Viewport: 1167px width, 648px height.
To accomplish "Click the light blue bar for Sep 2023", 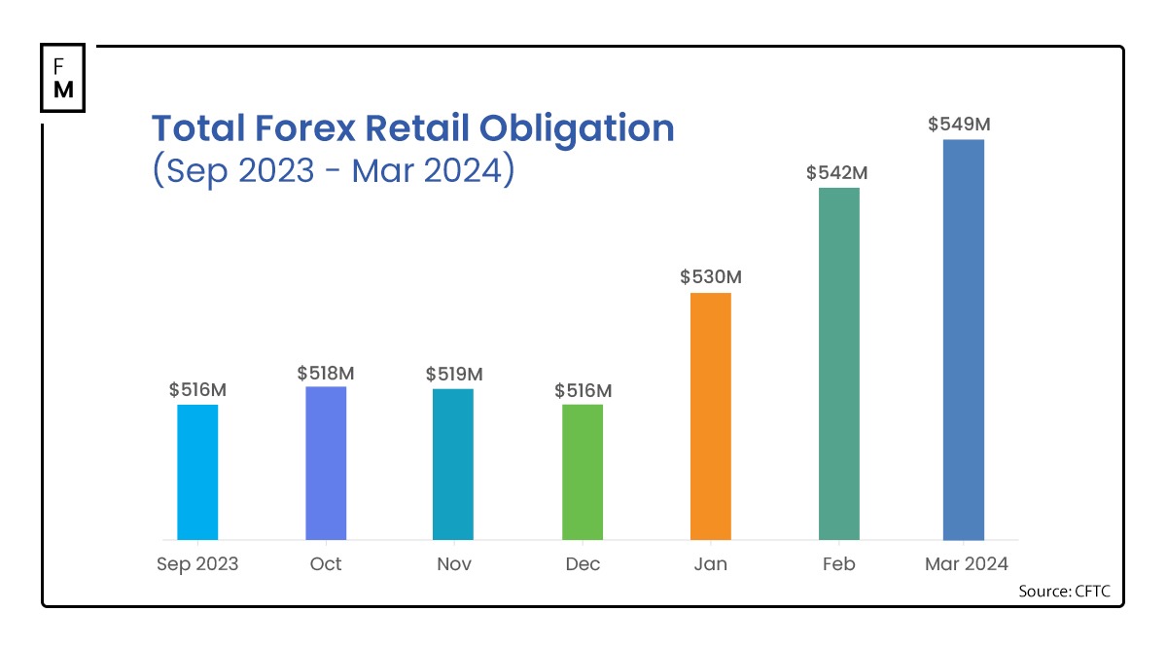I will click(197, 472).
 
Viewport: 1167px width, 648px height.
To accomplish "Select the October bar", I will click(326, 463).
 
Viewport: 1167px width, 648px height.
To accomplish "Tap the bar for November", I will click(453, 464).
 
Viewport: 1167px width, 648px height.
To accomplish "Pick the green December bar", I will click(583, 472).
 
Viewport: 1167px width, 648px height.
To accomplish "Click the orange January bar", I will click(711, 416).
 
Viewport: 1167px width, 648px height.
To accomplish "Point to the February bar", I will click(839, 364).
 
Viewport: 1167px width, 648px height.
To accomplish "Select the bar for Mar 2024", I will click(964, 340).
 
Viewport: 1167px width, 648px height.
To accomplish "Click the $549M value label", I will click(959, 125).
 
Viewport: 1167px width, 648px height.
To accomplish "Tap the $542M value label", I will click(836, 173).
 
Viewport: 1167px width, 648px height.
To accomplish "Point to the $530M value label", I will click(711, 277).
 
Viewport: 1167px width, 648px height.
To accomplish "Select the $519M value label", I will click(454, 374).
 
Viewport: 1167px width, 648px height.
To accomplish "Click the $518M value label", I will click(326, 373).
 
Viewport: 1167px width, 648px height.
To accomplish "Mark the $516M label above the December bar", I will click(583, 390).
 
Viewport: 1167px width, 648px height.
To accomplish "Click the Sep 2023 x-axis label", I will click(197, 564).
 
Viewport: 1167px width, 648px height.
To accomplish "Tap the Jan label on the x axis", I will click(711, 564).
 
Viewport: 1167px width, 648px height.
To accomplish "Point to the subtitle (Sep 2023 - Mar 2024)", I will click(333, 170).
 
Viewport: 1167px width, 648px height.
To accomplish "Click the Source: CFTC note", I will click(1064, 591).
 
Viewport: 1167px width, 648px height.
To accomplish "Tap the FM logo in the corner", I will click(63, 78).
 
